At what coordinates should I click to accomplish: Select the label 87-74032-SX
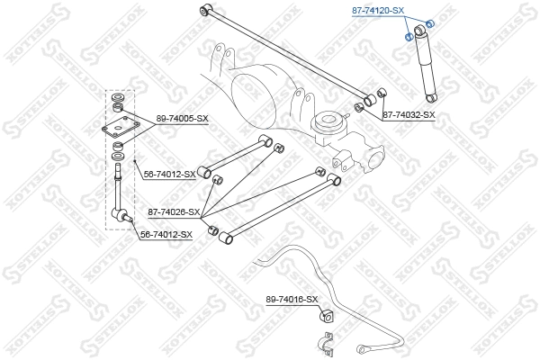(x=409, y=115)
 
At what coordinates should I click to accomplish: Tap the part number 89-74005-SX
(x=183, y=118)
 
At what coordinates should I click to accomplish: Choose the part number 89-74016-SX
(x=292, y=299)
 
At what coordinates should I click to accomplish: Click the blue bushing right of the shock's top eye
(x=430, y=23)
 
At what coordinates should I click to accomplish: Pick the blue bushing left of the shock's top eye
(x=409, y=37)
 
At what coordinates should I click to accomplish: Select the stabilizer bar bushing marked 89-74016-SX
(x=327, y=317)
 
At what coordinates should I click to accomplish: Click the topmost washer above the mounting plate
(x=117, y=96)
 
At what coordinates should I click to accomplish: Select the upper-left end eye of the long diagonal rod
(x=206, y=10)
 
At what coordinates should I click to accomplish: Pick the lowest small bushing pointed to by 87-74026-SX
(x=213, y=231)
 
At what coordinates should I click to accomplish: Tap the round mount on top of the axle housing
(x=326, y=119)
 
